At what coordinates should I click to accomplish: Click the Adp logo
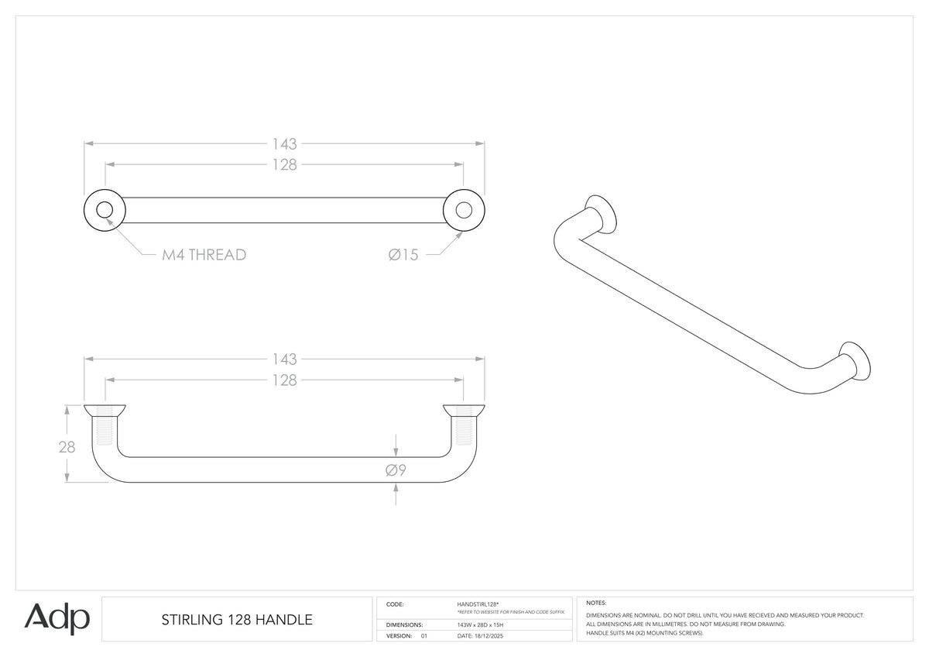pos(57,618)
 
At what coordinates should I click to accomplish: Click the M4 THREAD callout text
pos(204,255)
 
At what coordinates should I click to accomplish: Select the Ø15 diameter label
pos(403,255)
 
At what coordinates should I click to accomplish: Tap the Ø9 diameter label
pos(396,470)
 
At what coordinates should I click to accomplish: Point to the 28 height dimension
pos(67,447)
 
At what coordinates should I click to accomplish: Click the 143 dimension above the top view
pos(285,144)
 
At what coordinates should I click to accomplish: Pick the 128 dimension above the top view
pos(285,165)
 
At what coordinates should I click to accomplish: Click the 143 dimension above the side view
pos(285,359)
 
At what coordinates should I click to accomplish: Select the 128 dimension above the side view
pos(285,380)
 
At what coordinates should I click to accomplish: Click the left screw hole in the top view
pos(105,210)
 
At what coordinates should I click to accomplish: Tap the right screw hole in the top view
pos(464,210)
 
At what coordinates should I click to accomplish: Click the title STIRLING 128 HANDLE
pos(237,620)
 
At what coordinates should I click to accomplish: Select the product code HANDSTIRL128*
pos(478,604)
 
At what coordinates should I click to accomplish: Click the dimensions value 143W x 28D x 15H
pos(480,624)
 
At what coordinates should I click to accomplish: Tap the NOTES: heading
pos(596,603)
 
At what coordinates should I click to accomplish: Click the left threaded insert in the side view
pos(105,425)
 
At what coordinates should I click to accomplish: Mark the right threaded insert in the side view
pos(464,425)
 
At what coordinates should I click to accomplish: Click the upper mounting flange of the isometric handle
pos(601,214)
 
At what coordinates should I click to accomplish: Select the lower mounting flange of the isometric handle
pos(855,361)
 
